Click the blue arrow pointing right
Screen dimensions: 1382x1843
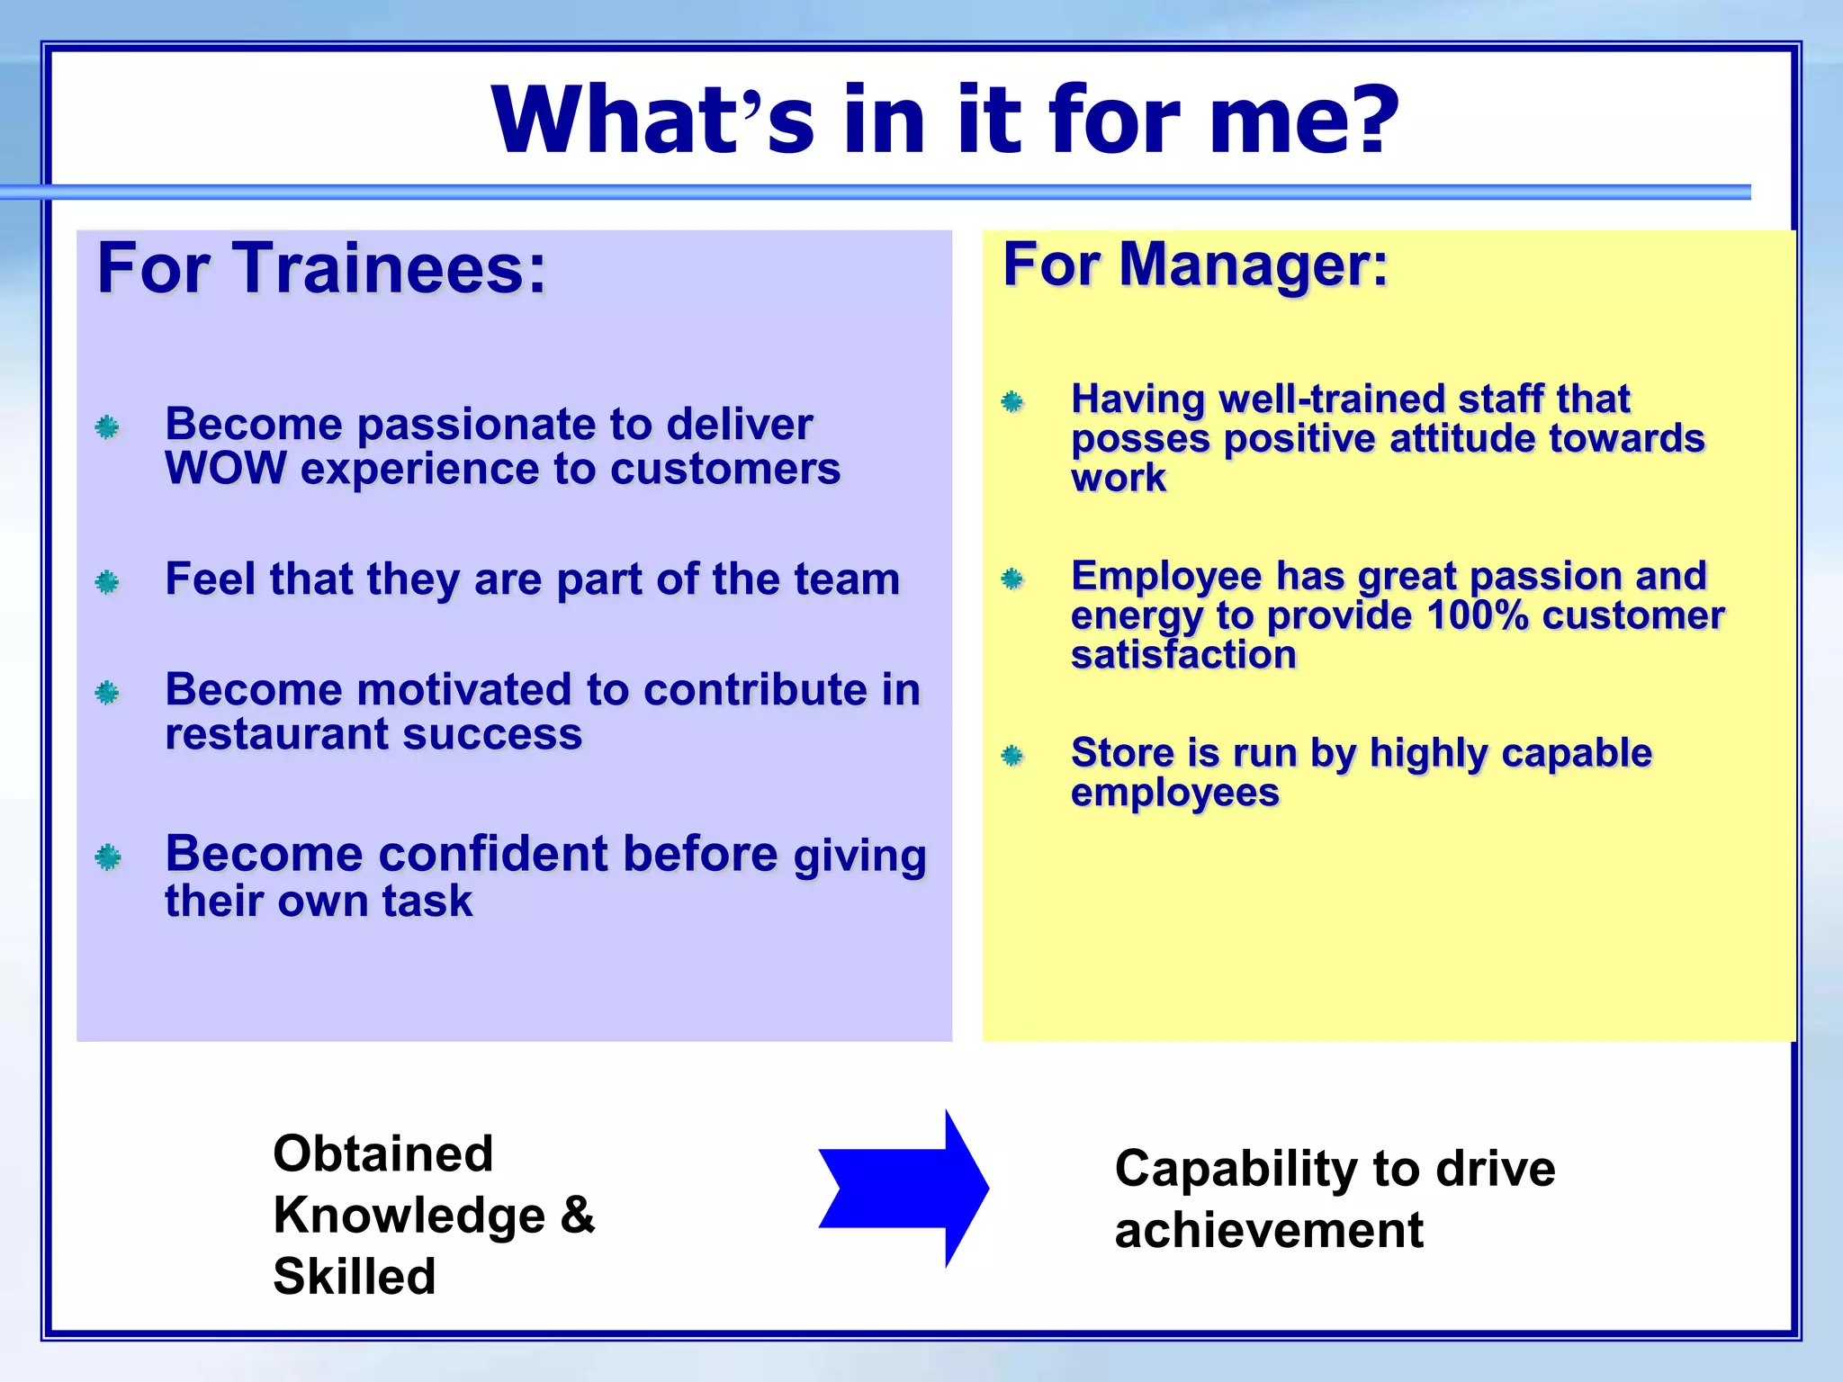904,1188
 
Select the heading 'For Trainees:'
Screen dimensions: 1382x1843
321,268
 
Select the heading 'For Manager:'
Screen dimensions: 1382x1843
1196,265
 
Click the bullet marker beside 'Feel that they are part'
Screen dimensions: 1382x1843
108,582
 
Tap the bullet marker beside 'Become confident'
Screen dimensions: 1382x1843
108,857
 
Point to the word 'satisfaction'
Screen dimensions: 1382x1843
1183,655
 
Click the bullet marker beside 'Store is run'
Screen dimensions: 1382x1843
1012,755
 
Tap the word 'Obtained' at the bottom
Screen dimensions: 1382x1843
383,1153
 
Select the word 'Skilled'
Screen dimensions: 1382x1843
355,1276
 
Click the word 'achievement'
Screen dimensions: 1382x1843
1269,1230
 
